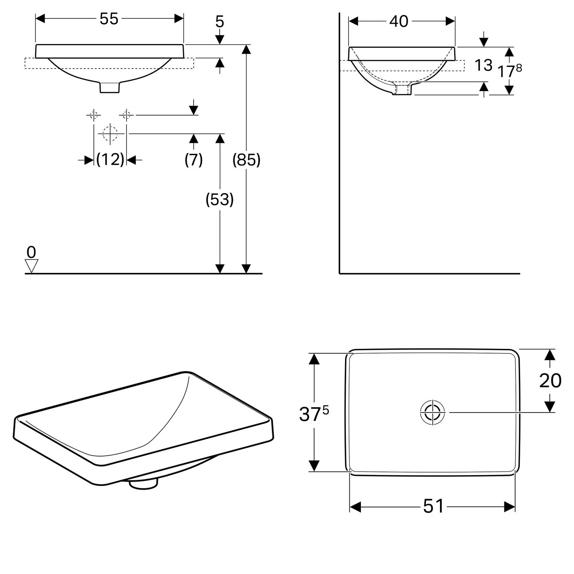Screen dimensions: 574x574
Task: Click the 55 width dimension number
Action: point(109,19)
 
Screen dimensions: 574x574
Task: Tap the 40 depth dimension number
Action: point(399,21)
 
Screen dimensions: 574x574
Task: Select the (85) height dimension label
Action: point(246,160)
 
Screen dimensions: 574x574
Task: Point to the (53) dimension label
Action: point(220,199)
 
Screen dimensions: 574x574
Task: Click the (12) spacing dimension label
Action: point(110,159)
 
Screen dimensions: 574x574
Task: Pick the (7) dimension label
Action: point(194,159)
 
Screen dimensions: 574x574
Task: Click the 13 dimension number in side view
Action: point(483,65)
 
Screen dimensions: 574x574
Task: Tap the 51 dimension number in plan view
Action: point(434,506)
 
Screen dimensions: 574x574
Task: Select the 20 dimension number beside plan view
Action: point(550,380)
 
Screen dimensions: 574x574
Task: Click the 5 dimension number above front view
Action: point(220,22)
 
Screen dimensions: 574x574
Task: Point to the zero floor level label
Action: point(31,252)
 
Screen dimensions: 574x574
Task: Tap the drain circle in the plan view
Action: point(432,413)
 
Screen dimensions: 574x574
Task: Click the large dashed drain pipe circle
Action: point(110,134)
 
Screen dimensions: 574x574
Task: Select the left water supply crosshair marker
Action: point(94,114)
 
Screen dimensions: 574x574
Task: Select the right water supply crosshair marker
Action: point(126,114)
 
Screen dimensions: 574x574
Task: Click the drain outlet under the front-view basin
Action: point(110,87)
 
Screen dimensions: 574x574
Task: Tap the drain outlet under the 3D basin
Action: point(143,483)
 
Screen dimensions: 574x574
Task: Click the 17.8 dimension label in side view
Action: point(509,70)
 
